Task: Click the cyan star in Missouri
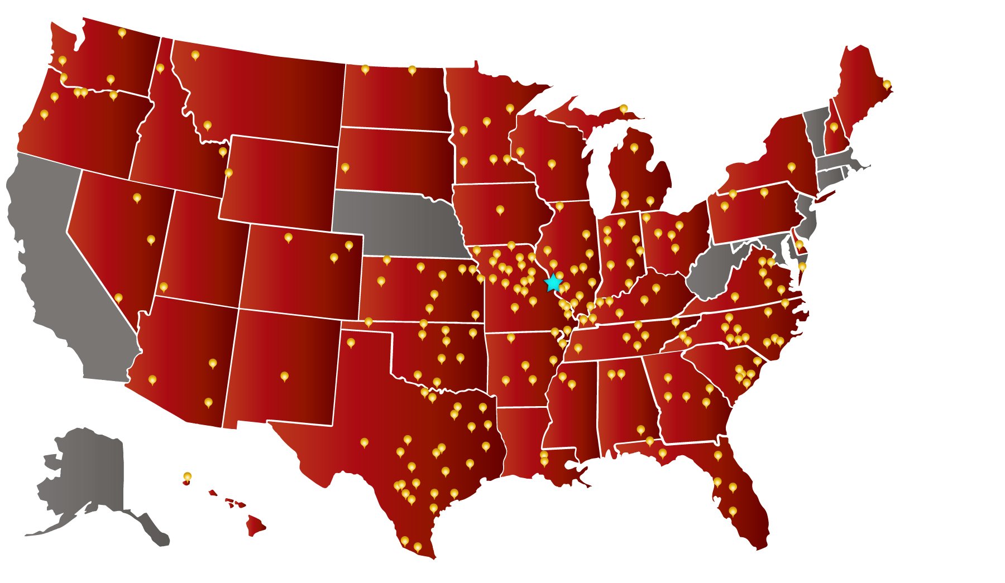[553, 283]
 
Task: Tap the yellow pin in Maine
[887, 85]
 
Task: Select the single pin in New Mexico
[284, 376]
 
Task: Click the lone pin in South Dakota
[345, 167]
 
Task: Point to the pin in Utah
[164, 287]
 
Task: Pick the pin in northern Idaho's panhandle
[160, 68]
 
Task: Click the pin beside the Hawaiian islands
[188, 476]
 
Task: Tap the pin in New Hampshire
[834, 127]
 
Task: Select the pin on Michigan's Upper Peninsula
[623, 108]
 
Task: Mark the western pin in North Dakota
[365, 69]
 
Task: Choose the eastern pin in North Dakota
[412, 70]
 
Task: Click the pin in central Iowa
[500, 210]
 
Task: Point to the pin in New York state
[791, 167]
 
